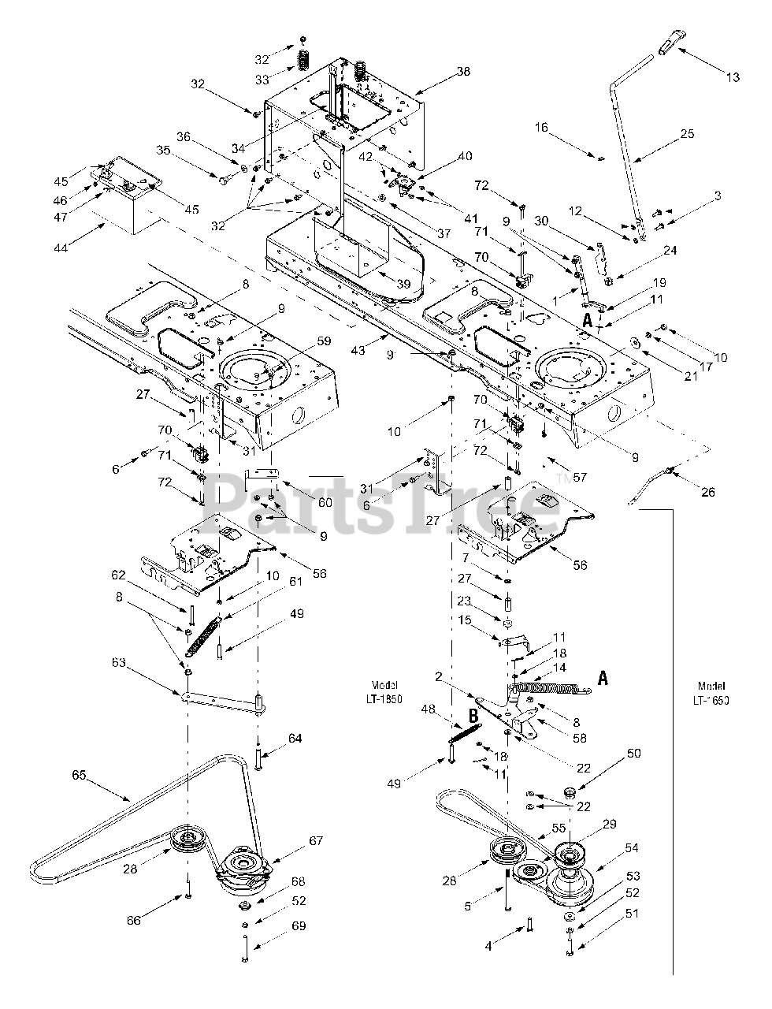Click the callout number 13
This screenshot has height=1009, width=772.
pos(733,77)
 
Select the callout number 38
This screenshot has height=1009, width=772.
pos(463,71)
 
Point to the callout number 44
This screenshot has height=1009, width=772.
pos(61,248)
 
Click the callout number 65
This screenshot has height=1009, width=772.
pos(80,775)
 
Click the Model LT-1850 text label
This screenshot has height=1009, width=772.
pos(384,692)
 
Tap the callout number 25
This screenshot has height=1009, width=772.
pos(687,134)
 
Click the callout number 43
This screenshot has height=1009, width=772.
pos(358,350)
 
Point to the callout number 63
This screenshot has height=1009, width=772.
pos(119,663)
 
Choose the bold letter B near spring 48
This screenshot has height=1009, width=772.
pos(473,716)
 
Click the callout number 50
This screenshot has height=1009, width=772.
pos(633,753)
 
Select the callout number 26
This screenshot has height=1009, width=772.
pos(708,491)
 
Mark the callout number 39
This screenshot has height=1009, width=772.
pos(403,284)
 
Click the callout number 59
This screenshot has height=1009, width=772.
pos(324,341)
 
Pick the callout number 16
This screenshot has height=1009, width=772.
pos(541,127)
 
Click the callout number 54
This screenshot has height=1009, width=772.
pos(632,848)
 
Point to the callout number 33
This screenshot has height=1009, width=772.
pos(262,80)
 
